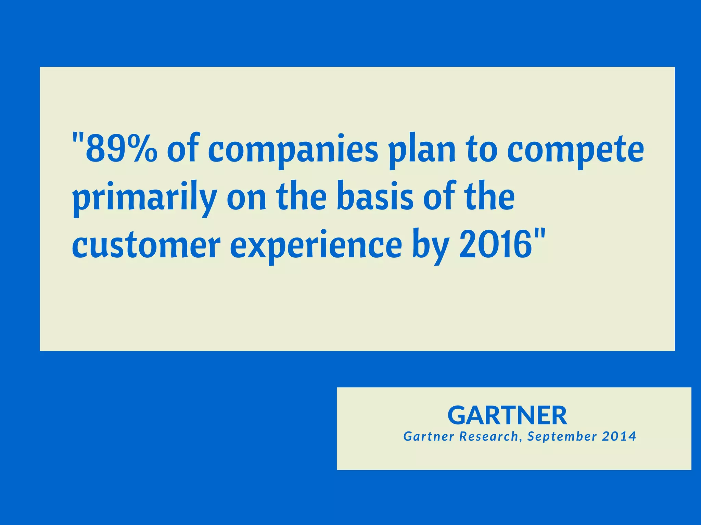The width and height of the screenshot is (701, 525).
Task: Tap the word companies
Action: pyautogui.click(x=293, y=151)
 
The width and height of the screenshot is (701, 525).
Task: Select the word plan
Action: pyautogui.click(x=423, y=151)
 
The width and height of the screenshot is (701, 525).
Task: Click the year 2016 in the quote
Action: pyautogui.click(x=495, y=244)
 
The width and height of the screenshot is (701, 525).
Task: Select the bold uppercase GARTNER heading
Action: pyautogui.click(x=507, y=415)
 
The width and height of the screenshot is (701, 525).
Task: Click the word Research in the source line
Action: pyautogui.click(x=488, y=436)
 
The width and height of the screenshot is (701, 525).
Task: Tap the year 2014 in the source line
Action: pyautogui.click(x=619, y=436)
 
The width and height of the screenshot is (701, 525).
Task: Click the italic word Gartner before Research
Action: pyautogui.click(x=429, y=436)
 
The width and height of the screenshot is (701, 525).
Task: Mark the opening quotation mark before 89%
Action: pyautogui.click(x=78, y=139)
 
